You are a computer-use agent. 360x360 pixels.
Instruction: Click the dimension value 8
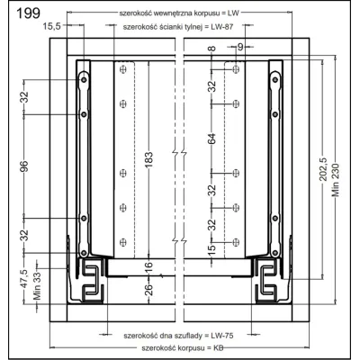click(x=211, y=49)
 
